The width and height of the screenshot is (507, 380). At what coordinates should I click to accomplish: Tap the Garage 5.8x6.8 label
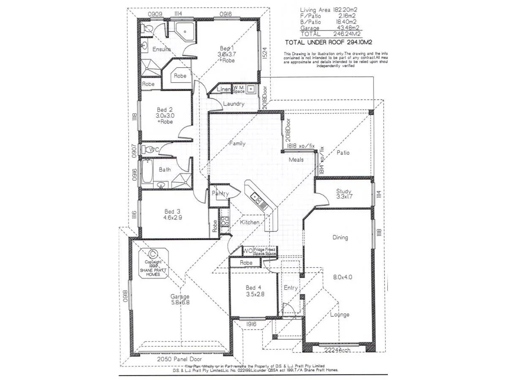pyautogui.click(x=180, y=299)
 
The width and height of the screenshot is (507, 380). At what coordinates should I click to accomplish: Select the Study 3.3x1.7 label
pyautogui.click(x=344, y=193)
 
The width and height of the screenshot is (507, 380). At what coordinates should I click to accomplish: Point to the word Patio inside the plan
pyautogui.click(x=343, y=153)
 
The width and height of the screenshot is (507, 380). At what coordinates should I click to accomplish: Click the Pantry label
pyautogui.click(x=220, y=194)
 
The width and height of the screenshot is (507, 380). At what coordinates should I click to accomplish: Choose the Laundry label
pyautogui.click(x=234, y=104)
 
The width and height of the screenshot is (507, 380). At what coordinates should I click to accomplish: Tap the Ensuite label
pyautogui.click(x=161, y=49)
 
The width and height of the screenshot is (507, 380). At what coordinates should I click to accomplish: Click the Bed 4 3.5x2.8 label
pyautogui.click(x=255, y=291)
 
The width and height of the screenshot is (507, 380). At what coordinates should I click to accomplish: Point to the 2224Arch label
pyautogui.click(x=337, y=350)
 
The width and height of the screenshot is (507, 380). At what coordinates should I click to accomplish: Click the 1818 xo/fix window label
pyautogui.click(x=301, y=146)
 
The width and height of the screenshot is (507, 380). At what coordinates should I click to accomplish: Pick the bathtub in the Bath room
pyautogui.click(x=147, y=171)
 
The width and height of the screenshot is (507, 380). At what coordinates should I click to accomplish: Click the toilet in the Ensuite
pyautogui.click(x=147, y=29)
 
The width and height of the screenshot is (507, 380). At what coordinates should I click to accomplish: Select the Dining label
pyautogui.click(x=340, y=237)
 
